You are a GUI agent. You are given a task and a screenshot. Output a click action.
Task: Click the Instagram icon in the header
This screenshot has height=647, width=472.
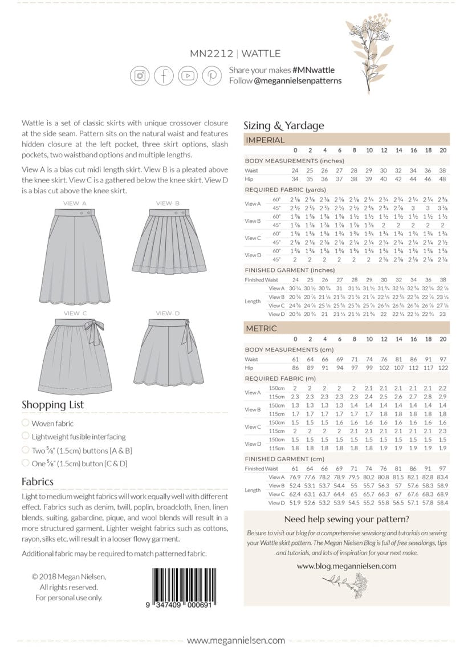click(140, 75)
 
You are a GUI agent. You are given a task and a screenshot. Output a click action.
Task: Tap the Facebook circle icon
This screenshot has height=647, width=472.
click(164, 75)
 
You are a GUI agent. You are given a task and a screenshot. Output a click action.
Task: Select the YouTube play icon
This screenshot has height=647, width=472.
click(188, 75)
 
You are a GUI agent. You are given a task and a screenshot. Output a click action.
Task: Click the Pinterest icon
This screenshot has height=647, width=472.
click(211, 75)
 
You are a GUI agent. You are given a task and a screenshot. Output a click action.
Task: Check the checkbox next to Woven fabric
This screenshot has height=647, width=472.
click(25, 423)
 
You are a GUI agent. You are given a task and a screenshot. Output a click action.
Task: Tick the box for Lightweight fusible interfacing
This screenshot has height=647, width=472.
click(25, 436)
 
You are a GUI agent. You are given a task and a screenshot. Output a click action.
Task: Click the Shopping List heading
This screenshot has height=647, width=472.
click(52, 404)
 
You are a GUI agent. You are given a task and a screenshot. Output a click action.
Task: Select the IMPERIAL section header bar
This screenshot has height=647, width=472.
click(346, 140)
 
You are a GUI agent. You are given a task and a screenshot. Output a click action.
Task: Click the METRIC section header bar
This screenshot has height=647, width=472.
click(346, 328)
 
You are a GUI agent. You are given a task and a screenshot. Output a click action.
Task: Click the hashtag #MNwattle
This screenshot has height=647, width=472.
click(313, 70)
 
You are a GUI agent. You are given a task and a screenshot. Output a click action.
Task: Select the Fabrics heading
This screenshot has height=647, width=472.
click(38, 481)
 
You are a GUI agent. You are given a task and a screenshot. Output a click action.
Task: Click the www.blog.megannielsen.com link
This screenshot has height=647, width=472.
click(346, 565)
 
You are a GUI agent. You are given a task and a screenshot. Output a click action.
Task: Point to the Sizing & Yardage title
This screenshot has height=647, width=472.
click(283, 125)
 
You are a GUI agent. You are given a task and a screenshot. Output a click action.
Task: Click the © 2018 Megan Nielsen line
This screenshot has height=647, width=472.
click(69, 577)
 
